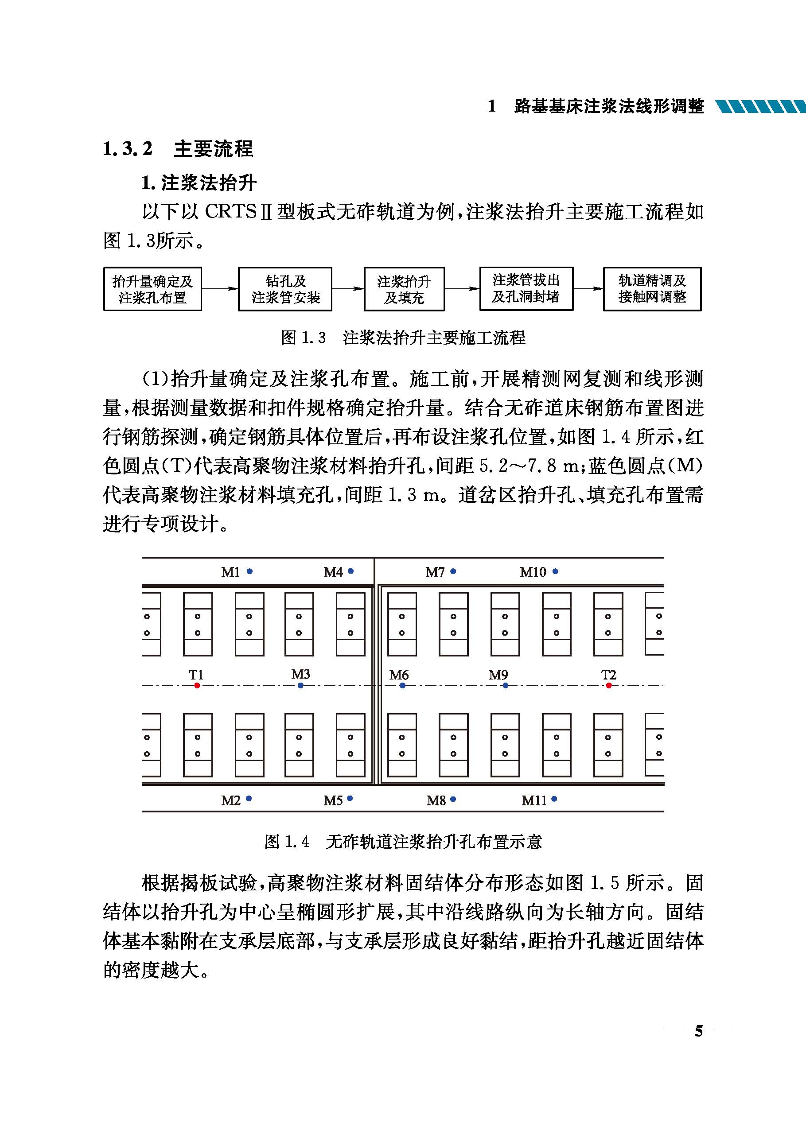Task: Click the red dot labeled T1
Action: (197, 685)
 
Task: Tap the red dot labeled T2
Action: (608, 685)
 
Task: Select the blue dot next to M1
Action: (249, 571)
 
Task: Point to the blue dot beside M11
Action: (554, 799)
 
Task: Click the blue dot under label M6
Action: (402, 686)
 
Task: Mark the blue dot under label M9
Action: (505, 686)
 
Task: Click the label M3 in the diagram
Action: (300, 674)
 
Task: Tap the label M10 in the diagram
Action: (533, 572)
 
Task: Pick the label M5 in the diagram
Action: (333, 800)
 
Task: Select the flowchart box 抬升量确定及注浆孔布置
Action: (152, 289)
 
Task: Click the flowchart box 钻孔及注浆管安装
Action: (285, 289)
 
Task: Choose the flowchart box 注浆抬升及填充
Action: (404, 289)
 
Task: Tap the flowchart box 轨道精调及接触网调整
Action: (652, 289)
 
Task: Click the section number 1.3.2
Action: (128, 149)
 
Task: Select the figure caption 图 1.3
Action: (303, 338)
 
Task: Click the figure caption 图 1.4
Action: (287, 842)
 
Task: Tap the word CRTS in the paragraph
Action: (231, 212)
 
